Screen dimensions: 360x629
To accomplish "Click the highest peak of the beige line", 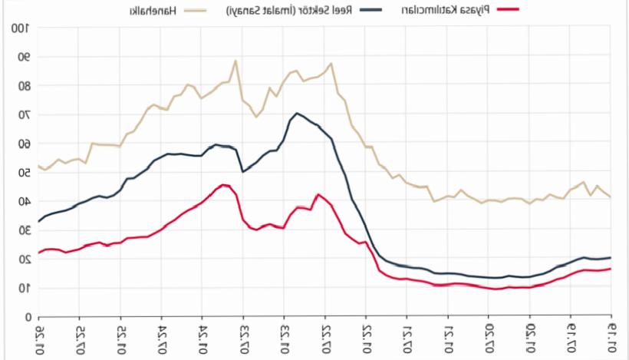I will [235, 61].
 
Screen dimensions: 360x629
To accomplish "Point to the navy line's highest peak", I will [296, 114].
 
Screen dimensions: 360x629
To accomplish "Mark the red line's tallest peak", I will [222, 185].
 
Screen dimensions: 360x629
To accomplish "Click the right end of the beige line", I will [611, 198].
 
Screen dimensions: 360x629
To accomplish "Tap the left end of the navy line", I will [39, 221].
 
